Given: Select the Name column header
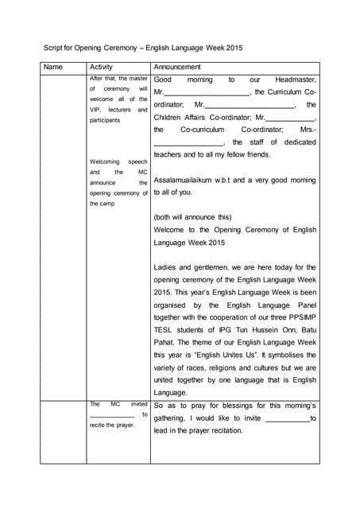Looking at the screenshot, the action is pos(53,68).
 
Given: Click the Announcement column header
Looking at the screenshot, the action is pos(177,68).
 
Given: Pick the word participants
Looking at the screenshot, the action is pos(105,120).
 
